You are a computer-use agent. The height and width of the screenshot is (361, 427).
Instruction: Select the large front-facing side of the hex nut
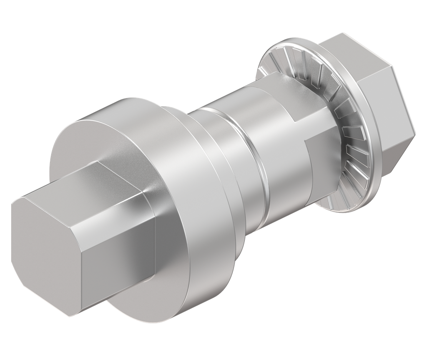pyautogui.click(x=384, y=109)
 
